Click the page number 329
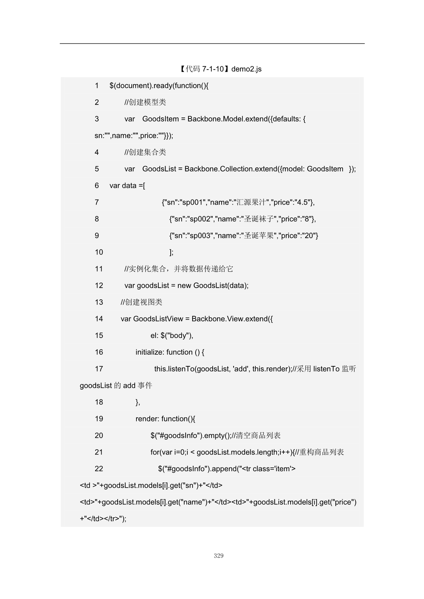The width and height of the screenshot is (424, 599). click(x=218, y=556)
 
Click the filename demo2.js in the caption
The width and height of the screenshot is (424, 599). click(x=246, y=69)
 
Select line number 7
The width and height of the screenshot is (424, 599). click(x=97, y=202)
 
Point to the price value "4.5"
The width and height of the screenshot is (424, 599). click(x=302, y=202)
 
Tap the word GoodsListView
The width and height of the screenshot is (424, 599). click(x=158, y=319)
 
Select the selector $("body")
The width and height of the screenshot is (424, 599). click(x=176, y=336)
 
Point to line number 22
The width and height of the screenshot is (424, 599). click(x=99, y=469)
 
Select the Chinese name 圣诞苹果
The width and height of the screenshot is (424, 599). click(x=259, y=236)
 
